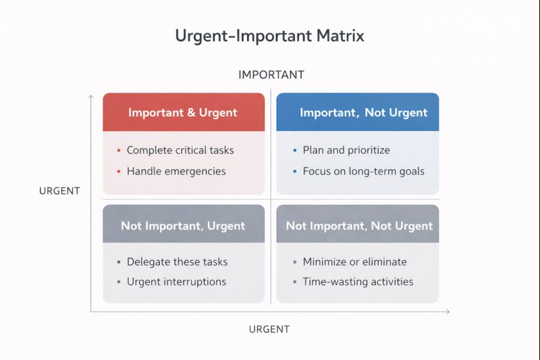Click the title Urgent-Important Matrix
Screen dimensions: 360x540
[x=269, y=36]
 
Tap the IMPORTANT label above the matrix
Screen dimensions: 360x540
[x=271, y=74]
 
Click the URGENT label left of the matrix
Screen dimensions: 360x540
[x=59, y=190]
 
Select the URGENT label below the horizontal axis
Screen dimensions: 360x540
[x=269, y=329]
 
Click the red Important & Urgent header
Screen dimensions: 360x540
[x=183, y=112]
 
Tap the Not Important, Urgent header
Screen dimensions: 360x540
[x=183, y=226]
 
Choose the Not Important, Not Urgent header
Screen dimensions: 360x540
[x=358, y=226]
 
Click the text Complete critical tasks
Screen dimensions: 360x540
[x=180, y=150]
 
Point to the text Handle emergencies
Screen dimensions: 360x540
[x=176, y=171]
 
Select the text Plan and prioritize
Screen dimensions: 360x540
[x=346, y=150]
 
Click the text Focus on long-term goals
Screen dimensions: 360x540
[x=363, y=171]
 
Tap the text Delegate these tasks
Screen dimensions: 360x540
[x=177, y=261]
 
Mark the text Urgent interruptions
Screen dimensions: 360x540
[x=176, y=282]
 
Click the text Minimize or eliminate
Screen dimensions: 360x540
[x=354, y=261]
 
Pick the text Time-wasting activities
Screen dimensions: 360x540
[x=358, y=282]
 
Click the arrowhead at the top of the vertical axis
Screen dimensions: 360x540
[x=91, y=97]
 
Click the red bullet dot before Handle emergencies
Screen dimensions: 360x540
[x=118, y=172]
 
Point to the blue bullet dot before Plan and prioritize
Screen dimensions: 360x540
[x=294, y=151]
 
